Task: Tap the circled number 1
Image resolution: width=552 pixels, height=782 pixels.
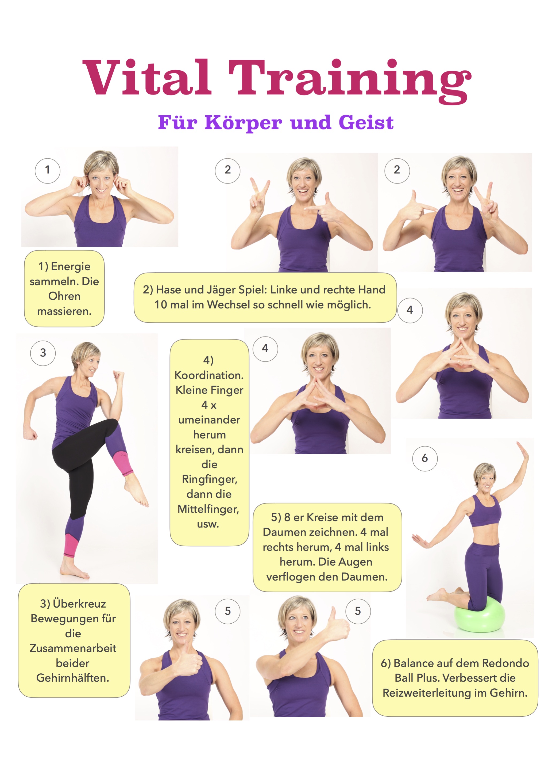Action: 48,171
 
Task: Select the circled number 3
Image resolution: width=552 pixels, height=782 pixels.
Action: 43,353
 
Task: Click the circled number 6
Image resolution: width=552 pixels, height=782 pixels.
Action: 425,459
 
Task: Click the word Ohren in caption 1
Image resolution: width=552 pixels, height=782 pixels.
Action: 64,296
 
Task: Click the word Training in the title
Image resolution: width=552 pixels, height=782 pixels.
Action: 349,81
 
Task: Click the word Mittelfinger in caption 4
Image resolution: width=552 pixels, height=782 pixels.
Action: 208,509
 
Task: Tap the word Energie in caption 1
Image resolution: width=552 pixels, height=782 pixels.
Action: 71,266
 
